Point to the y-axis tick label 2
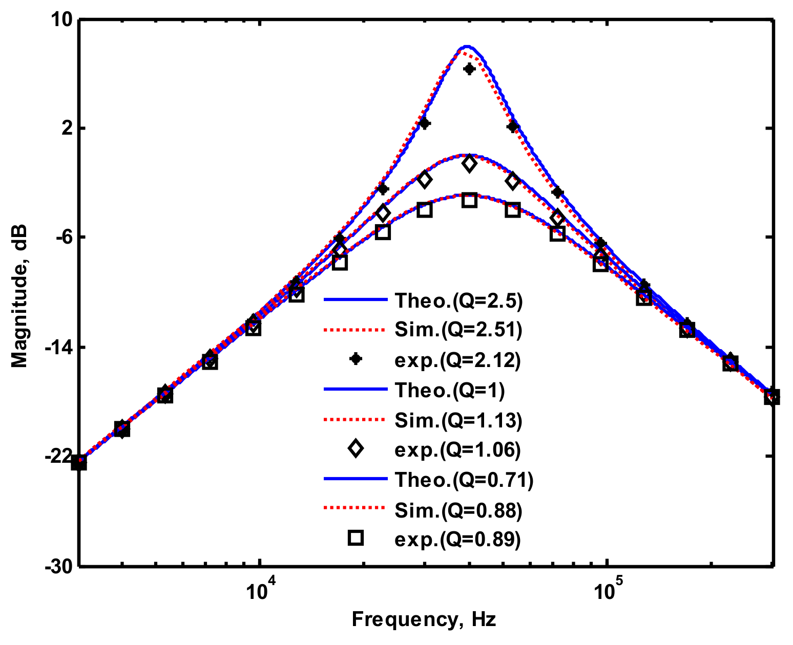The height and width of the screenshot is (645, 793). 67,128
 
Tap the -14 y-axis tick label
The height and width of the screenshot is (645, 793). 59,347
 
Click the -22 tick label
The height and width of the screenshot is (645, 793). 59,456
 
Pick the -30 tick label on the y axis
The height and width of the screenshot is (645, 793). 59,566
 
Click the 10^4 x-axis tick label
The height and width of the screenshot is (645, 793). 260,589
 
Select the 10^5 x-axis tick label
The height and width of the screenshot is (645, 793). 607,589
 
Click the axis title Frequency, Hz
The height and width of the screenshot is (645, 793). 424,620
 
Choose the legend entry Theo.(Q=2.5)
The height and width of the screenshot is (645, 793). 458,301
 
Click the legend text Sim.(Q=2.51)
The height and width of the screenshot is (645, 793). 458,330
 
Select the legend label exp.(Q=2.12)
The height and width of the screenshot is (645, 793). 457,360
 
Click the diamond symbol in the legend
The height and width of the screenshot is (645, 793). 355,449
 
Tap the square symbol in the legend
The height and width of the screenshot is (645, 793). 355,539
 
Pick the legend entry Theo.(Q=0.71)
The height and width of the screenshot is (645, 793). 464,480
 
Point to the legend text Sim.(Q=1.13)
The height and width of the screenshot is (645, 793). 458,420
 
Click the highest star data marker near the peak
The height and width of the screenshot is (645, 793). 469,69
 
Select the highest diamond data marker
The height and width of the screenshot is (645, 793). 469,164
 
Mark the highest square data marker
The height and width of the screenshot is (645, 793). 469,200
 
